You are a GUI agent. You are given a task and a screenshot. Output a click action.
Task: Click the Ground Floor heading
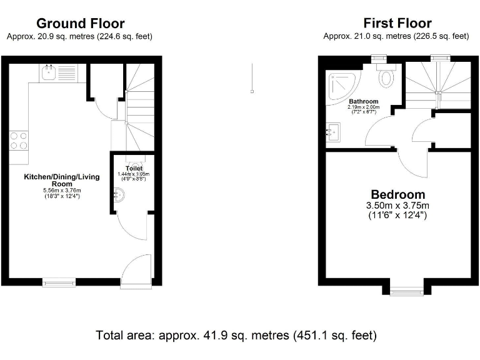tap(80, 24)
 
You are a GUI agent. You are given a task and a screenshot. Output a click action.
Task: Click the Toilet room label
tap(134, 169)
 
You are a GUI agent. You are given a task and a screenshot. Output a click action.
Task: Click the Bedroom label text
tap(397, 194)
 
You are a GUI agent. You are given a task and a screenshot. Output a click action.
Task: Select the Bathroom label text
tap(363, 101)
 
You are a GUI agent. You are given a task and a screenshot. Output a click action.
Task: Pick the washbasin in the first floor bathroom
tap(334, 132)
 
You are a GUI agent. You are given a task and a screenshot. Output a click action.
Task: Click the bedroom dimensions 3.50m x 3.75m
tap(397, 206)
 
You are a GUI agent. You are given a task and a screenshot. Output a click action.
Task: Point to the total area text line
tap(236, 336)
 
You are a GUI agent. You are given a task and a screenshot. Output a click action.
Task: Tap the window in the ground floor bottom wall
tap(59, 281)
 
